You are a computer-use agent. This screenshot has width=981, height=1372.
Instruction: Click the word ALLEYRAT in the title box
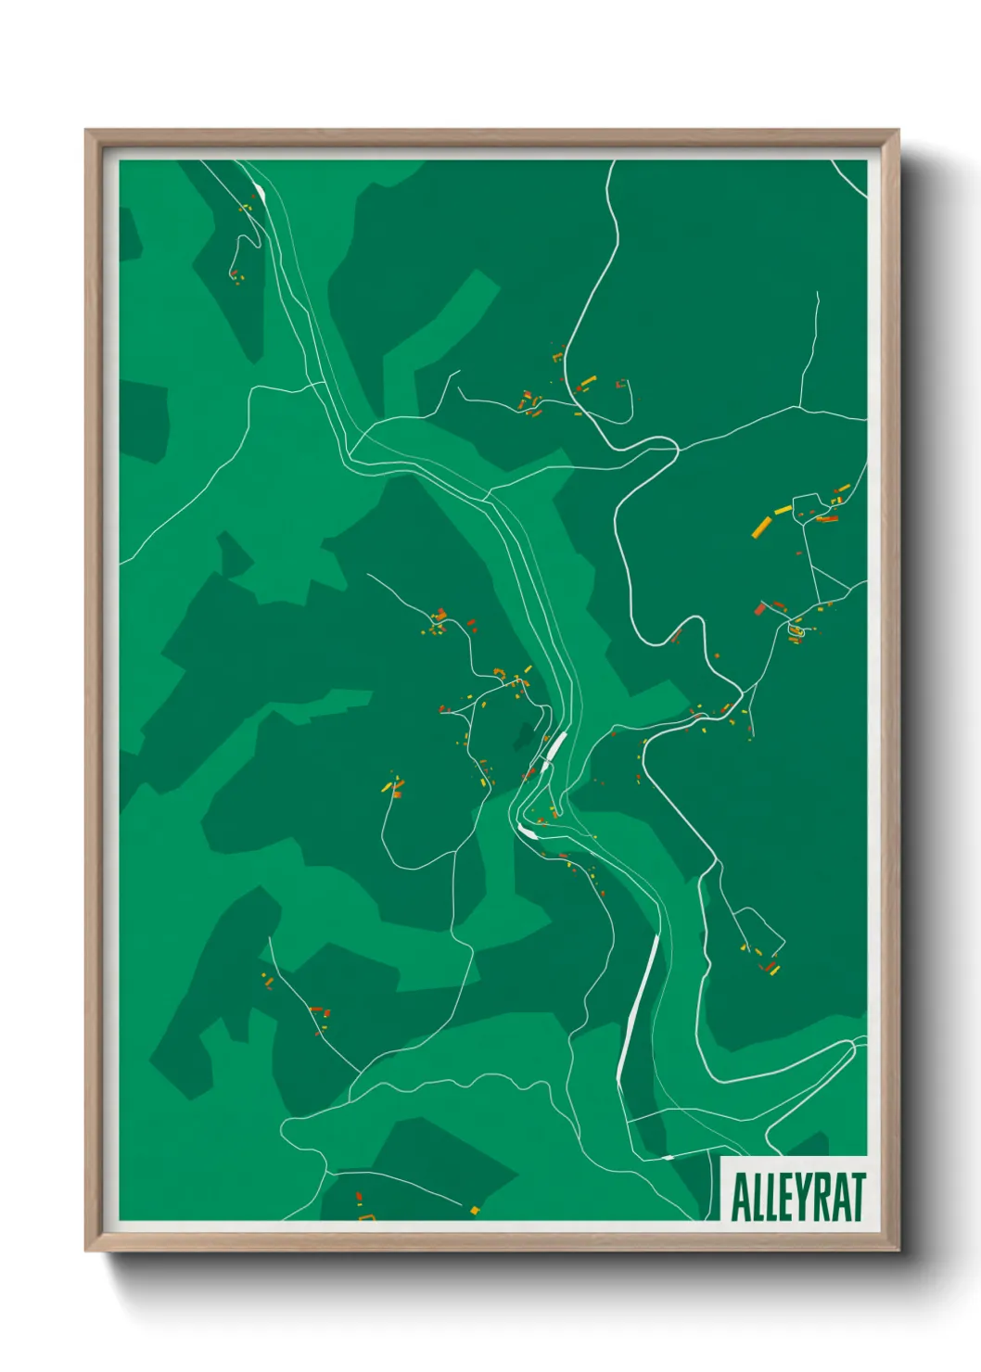797,1197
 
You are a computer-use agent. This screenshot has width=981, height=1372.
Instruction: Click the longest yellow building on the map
761,527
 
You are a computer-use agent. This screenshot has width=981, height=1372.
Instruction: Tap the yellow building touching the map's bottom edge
474,1210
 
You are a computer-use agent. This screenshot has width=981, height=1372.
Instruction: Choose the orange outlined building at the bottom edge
366,1215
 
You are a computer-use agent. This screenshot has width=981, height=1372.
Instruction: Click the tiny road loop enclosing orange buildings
795,630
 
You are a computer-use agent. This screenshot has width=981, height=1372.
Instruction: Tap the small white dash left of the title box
668,1157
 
